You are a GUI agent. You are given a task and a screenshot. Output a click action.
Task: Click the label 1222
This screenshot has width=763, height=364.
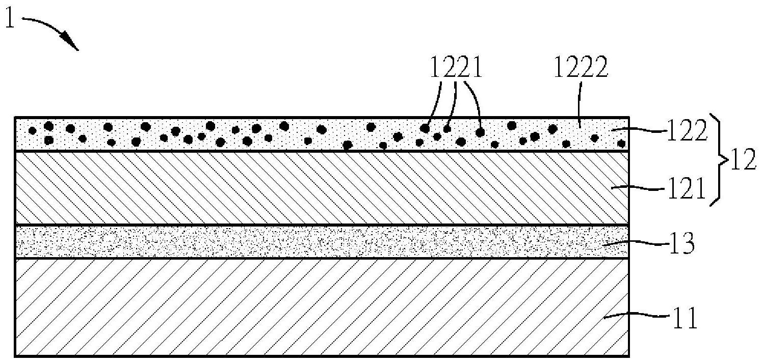coord(580,67)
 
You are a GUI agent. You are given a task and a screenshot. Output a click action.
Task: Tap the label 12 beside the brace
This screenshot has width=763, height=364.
coord(742,161)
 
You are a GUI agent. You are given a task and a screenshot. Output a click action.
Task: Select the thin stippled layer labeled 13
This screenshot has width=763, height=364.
coord(306,242)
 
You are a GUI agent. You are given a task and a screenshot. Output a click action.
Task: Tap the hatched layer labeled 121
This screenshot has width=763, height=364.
coord(306,188)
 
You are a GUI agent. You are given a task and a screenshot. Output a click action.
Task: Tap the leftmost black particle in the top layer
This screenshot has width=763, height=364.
coord(32,131)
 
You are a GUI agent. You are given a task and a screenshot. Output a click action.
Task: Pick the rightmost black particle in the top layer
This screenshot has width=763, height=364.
coord(621,143)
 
